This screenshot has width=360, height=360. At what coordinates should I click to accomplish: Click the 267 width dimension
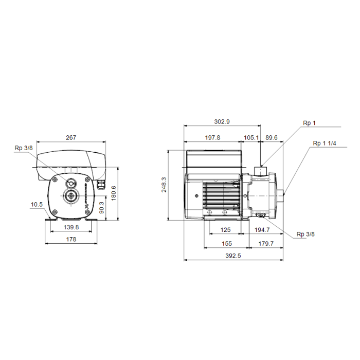click(x=71, y=137)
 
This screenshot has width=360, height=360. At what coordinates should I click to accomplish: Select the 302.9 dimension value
click(x=222, y=122)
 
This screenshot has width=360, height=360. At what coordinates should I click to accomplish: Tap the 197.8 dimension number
click(x=212, y=137)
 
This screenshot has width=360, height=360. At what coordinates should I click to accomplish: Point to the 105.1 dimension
click(x=251, y=137)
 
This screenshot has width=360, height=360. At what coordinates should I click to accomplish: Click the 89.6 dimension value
click(x=272, y=137)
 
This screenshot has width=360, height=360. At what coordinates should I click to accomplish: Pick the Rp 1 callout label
click(x=309, y=123)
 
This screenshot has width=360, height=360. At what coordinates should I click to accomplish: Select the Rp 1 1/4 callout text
click(x=325, y=143)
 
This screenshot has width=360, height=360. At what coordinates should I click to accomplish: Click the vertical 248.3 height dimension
click(x=164, y=185)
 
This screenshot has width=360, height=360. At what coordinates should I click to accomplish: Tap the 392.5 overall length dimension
click(x=233, y=256)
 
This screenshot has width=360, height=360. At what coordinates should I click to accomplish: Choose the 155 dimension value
click(x=227, y=244)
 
